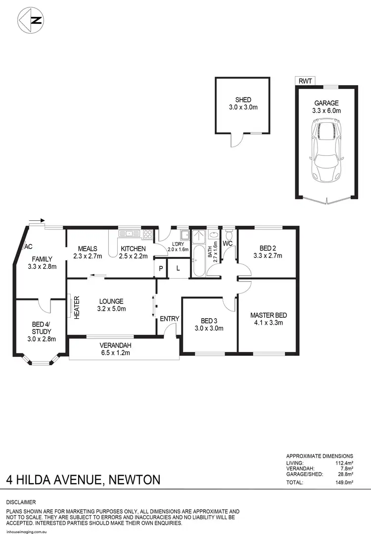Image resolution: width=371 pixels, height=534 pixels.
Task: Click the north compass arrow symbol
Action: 31,20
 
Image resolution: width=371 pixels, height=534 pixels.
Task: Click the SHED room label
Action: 243,100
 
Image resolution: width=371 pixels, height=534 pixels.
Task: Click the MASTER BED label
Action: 268,315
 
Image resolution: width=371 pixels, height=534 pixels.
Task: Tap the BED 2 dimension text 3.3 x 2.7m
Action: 267,256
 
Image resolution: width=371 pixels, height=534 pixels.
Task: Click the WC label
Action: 228,243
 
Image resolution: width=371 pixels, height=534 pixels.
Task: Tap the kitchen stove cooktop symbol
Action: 147,234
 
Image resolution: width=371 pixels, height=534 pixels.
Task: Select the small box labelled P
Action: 161,269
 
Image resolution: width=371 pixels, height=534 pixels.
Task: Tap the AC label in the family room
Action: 28,246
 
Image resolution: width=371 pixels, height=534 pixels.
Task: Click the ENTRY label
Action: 168,319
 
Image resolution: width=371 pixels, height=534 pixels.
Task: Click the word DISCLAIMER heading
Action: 21,502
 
